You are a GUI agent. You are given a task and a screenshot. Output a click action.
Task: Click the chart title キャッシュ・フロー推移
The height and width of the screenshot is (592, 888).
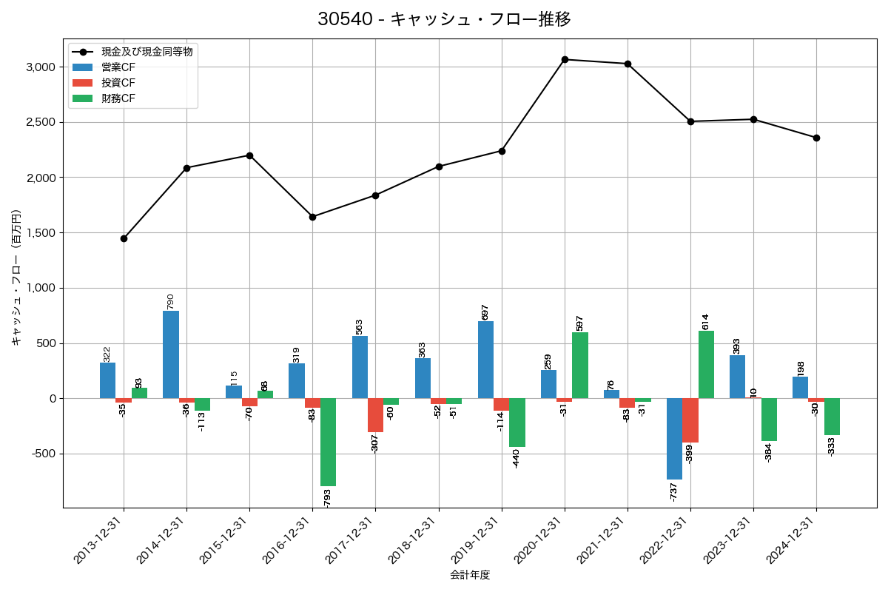coord(444,19)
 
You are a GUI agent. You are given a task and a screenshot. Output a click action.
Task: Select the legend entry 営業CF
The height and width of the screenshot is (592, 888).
coord(118,67)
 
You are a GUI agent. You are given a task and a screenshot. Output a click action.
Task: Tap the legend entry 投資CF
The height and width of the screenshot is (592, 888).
coord(118,83)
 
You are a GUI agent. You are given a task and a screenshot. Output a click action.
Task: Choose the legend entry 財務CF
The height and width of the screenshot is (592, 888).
coord(118,98)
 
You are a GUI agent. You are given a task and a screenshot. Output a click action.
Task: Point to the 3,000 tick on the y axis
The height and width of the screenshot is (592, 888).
coord(41,67)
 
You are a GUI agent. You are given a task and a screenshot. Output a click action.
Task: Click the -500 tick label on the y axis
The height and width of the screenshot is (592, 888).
coord(43,454)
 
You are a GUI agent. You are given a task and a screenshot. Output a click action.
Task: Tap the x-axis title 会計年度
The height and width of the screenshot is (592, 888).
coord(470,575)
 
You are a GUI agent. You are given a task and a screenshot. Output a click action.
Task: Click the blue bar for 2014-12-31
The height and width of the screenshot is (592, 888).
coord(171,354)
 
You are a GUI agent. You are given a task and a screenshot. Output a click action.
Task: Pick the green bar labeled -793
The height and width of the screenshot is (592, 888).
coord(328,442)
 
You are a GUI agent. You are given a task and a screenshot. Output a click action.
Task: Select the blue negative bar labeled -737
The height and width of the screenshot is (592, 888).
coord(674,439)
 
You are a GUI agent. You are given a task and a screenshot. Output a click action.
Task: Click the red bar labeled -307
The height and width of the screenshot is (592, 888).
coord(375,415)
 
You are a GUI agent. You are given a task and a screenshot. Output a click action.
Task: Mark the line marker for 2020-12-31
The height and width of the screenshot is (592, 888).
coord(565,59)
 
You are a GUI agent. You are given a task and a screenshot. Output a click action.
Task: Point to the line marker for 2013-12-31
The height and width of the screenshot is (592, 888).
coord(124,238)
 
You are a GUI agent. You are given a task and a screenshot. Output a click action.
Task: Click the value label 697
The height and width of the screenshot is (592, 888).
coord(485,312)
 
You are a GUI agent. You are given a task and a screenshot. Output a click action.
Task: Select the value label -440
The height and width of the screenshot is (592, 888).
coord(517,459)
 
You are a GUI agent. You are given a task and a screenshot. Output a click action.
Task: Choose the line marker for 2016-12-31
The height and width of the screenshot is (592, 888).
coord(312,217)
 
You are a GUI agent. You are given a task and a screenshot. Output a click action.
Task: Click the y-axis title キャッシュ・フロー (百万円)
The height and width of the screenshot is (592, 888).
coord(16,277)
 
